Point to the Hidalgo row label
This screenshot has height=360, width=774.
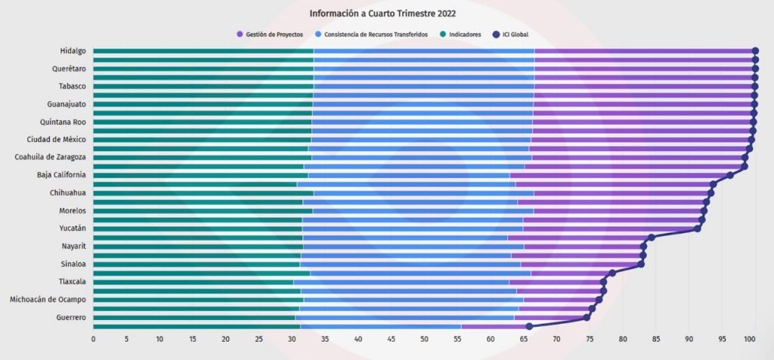72,51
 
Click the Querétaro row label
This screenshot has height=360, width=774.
68,69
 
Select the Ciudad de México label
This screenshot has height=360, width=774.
56,140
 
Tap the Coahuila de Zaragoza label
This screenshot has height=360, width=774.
50,157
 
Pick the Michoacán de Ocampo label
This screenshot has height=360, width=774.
47,299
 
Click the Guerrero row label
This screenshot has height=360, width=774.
70,318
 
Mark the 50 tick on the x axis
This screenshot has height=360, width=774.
424,338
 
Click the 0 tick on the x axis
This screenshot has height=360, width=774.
93,338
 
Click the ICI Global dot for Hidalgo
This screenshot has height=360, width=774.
755,51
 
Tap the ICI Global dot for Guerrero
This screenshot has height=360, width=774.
587,318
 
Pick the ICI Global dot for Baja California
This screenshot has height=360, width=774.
729,175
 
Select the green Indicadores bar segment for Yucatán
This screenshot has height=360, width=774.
197,228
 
